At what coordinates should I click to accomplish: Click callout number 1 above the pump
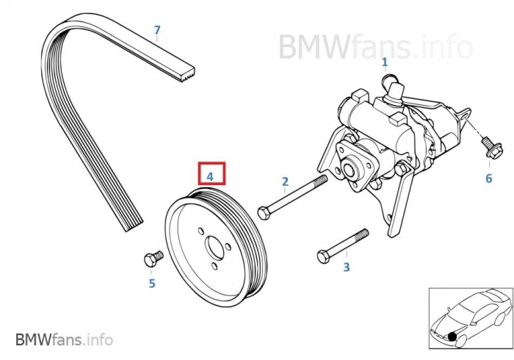click(x=384, y=63)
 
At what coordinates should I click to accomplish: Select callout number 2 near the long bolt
click(x=285, y=181)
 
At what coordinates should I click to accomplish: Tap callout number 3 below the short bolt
click(x=347, y=267)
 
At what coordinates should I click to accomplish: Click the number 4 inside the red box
click(x=210, y=176)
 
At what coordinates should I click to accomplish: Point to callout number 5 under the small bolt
click(x=152, y=283)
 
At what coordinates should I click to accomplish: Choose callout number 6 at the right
click(x=489, y=178)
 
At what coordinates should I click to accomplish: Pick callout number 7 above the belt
click(x=156, y=30)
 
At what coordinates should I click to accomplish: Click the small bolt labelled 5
click(x=152, y=259)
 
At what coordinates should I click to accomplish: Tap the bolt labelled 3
click(x=342, y=246)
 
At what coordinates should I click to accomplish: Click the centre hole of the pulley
click(x=214, y=246)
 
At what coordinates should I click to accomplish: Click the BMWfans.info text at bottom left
click(x=64, y=339)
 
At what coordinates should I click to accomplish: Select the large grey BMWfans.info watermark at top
click(x=374, y=46)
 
